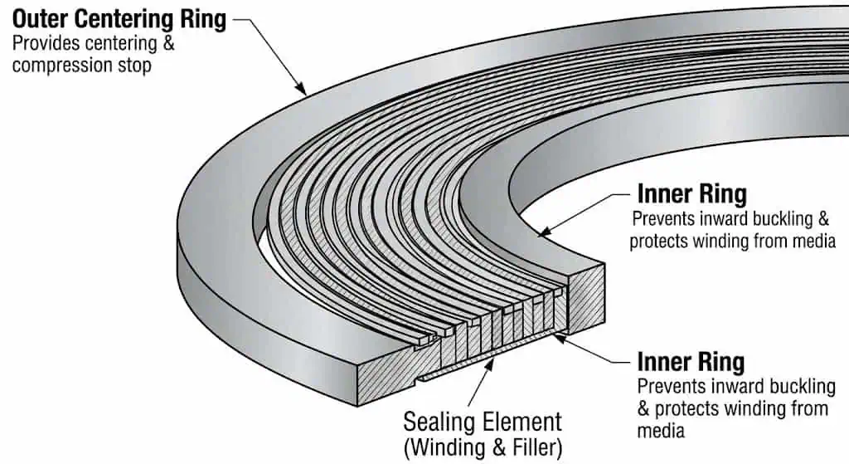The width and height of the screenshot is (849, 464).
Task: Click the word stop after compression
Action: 133,65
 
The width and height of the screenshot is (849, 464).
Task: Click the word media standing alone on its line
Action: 660,430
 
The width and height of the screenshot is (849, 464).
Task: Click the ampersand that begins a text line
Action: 645,408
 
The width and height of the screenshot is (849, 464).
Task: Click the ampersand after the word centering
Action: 166,44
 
